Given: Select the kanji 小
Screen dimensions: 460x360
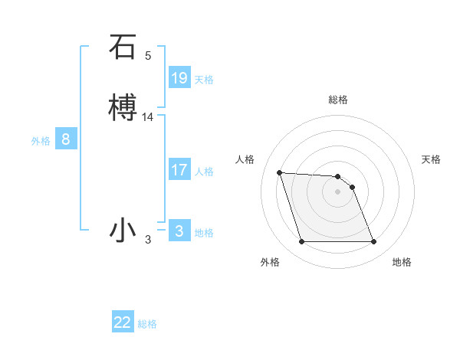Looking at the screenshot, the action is pyautogui.click(x=123, y=230).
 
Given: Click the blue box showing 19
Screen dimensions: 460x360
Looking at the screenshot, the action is pyautogui.click(x=179, y=77).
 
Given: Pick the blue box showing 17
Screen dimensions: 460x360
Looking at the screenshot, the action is pyautogui.click(x=179, y=170).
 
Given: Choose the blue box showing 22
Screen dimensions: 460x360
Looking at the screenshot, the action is pyautogui.click(x=123, y=322).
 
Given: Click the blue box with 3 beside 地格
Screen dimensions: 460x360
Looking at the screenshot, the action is pyautogui.click(x=179, y=231).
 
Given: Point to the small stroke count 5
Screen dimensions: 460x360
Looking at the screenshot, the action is pyautogui.click(x=148, y=56).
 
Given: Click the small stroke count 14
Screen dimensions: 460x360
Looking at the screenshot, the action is pyautogui.click(x=148, y=117).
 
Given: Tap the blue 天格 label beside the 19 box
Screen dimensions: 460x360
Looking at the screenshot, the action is pyautogui.click(x=204, y=80).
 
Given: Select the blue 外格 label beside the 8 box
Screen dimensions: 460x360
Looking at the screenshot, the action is pyautogui.click(x=41, y=141).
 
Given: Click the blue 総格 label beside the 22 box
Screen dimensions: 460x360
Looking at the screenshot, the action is pyautogui.click(x=147, y=325).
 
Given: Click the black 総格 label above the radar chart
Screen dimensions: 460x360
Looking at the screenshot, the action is pyautogui.click(x=338, y=100).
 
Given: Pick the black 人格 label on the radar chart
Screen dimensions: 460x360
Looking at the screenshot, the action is pyautogui.click(x=245, y=159).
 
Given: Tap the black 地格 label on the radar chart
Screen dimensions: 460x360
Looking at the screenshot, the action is pyautogui.click(x=402, y=262).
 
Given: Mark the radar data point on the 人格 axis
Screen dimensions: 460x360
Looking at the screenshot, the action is pyautogui.click(x=279, y=172).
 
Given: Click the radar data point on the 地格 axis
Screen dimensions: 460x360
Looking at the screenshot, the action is pyautogui.click(x=373, y=242).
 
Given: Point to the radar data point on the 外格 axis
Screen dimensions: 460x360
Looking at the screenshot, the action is pyautogui.click(x=301, y=242).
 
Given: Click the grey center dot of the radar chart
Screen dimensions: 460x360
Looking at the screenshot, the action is pyautogui.click(x=337, y=191).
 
